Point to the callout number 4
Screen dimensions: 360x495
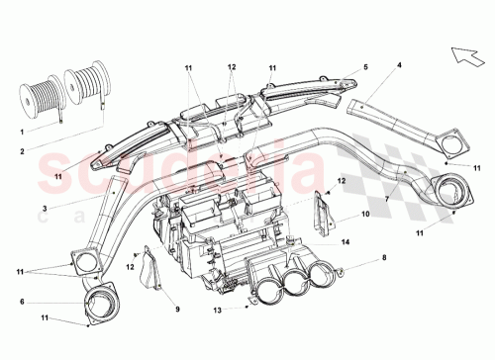[x=399, y=66]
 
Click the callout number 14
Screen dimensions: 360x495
[x=345, y=240]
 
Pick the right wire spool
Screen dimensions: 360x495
[x=83, y=87]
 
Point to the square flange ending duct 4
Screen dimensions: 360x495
[x=454, y=139]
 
